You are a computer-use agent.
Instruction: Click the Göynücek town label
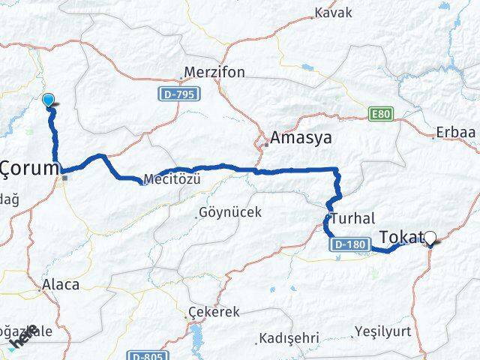(x=231, y=212)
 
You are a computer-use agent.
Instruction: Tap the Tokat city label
(x=402, y=237)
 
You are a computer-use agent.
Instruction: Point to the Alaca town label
(x=61, y=285)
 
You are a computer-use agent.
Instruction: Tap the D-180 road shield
(x=351, y=244)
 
